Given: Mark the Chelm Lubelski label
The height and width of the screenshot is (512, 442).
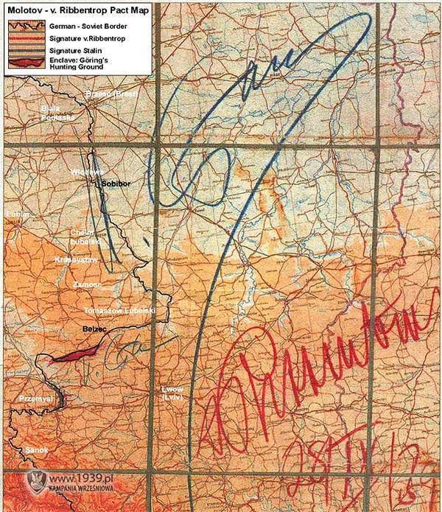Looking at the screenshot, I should click(79, 236).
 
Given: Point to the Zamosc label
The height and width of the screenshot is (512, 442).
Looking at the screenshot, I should click(86, 284).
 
